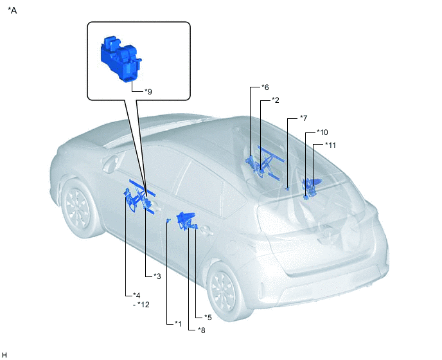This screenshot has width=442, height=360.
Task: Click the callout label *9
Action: pyautogui.click(x=148, y=92)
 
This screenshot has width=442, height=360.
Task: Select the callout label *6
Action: pyautogui.click(x=265, y=87)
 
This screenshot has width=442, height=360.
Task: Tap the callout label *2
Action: pyautogui.click(x=276, y=100)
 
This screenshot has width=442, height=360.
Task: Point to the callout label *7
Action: pyautogui.click(x=304, y=118)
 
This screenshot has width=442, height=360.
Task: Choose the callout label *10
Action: pyautogui.click(x=323, y=132)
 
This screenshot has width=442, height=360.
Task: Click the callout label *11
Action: pyautogui.click(x=331, y=145)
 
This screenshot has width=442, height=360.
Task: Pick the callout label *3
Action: pyautogui.click(x=157, y=276)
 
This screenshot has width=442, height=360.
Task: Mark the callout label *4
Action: pyautogui.click(x=136, y=295)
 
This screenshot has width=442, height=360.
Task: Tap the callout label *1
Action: pyautogui.click(x=179, y=323)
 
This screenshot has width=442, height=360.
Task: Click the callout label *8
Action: pyautogui.click(x=202, y=330)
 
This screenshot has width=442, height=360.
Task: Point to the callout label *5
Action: pyautogui.click(x=208, y=318)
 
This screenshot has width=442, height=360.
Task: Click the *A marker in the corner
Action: pyautogui.click(x=12, y=10)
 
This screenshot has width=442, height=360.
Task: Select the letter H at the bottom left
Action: pyautogui.click(x=4, y=355)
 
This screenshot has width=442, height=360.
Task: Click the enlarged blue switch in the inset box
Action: pyautogui.click(x=121, y=59)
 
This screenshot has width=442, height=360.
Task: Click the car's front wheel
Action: pyautogui.click(x=78, y=208)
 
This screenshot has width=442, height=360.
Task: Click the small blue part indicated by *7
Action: pyautogui.click(x=287, y=188)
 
